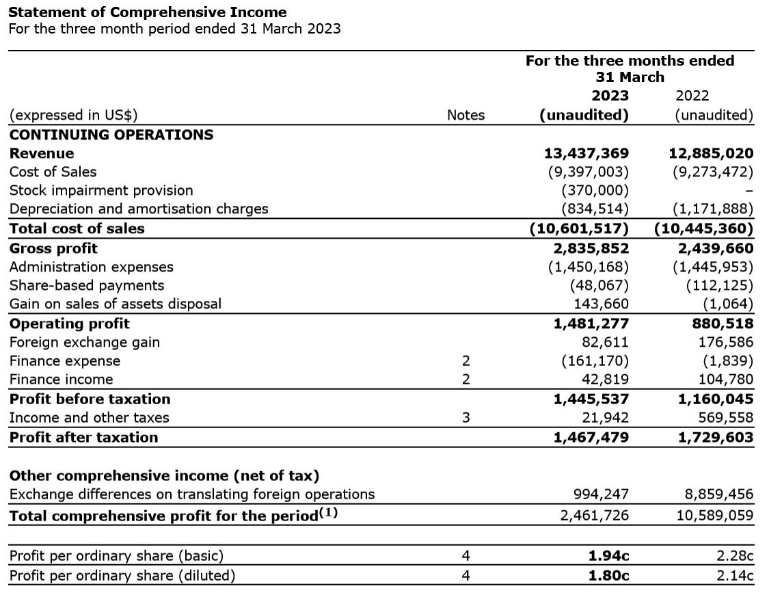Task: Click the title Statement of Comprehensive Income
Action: point(147,12)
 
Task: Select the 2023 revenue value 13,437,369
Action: point(586,153)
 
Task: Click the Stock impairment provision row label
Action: point(101,190)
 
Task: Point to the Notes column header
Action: point(466,116)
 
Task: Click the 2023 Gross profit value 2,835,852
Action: point(591,248)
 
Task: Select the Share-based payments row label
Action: point(87,285)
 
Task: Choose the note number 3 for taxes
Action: point(466,418)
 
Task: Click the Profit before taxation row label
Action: point(90,399)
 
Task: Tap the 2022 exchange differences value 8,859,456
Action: point(715,494)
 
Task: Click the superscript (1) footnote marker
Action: point(328,512)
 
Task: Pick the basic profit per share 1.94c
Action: point(608,556)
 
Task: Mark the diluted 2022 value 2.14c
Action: point(735,575)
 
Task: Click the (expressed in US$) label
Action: point(78,116)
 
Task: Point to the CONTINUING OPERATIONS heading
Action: point(111,135)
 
